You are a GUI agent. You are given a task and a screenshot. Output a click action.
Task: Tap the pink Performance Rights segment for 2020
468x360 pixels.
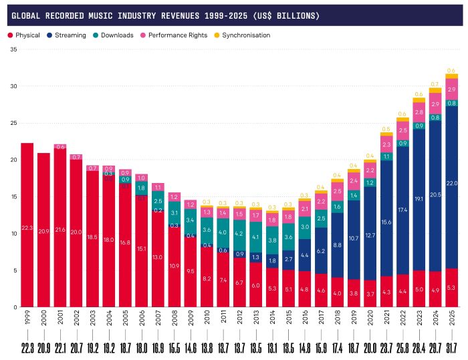370,170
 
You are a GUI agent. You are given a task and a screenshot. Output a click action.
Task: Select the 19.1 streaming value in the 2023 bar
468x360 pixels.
419,199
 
